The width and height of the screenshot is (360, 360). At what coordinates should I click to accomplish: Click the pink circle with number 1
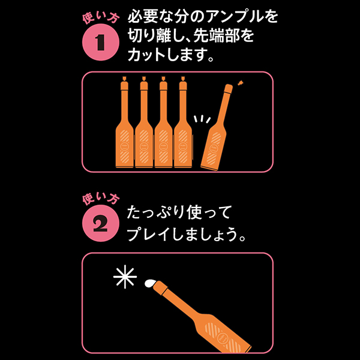[101, 42]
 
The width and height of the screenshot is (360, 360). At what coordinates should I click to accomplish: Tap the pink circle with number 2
[101, 223]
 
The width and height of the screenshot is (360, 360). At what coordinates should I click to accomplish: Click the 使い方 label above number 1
[101, 17]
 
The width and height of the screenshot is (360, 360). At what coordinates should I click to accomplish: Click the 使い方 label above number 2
[101, 199]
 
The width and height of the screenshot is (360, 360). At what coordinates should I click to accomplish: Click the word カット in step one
[146, 55]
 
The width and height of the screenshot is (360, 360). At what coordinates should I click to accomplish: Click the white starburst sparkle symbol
[125, 277]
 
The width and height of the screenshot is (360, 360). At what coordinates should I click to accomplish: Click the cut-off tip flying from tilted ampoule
[241, 83]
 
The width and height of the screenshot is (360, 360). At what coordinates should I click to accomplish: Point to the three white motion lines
[202, 119]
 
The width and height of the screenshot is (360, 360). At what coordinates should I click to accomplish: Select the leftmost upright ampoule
[124, 128]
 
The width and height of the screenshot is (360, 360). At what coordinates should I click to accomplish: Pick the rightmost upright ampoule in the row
[183, 128]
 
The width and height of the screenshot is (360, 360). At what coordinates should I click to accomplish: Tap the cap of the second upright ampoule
[144, 83]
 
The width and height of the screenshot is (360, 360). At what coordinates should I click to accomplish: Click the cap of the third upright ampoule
[163, 83]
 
